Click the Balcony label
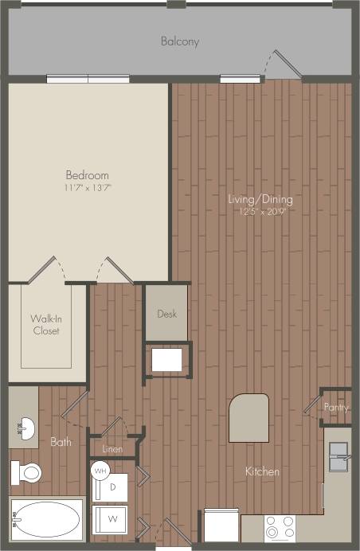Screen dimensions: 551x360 pyautogui.click(x=179, y=41)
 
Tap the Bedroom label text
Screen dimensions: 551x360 pyautogui.click(x=87, y=175)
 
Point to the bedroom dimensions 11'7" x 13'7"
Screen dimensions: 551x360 pyautogui.click(x=87, y=188)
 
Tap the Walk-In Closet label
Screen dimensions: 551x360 pyautogui.click(x=45, y=326)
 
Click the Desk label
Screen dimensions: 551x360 pyautogui.click(x=166, y=314)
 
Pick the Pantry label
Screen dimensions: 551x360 pyautogui.click(x=335, y=407)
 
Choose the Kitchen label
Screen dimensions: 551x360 pyautogui.click(x=262, y=471)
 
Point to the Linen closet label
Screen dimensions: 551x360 pyautogui.click(x=112, y=449)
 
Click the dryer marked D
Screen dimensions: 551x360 pyautogui.click(x=113, y=486)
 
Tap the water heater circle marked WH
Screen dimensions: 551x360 pyautogui.click(x=100, y=470)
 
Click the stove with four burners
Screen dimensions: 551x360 pyautogui.click(x=280, y=529)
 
